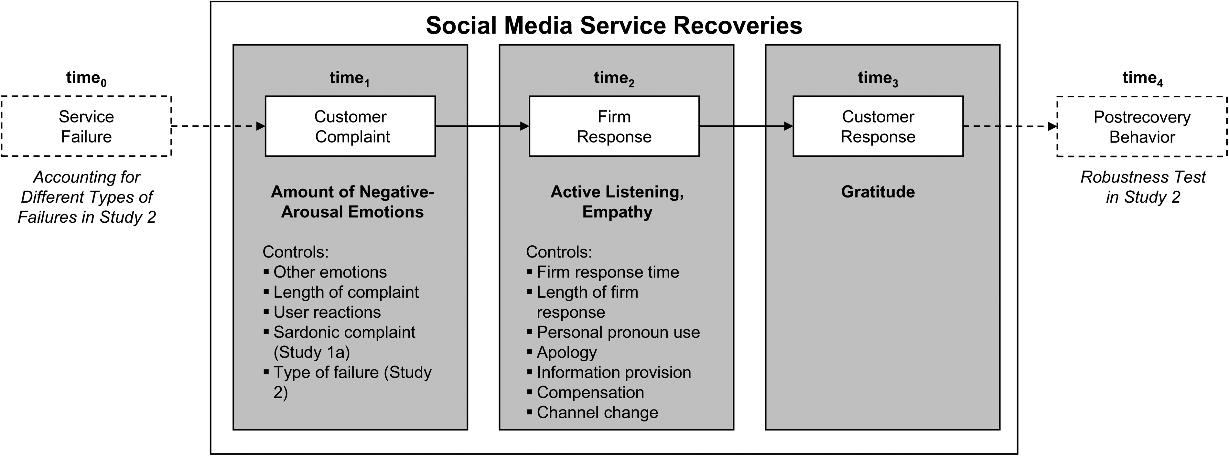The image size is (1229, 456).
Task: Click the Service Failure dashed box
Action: coord(86,126)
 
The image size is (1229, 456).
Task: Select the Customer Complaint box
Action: coord(350,126)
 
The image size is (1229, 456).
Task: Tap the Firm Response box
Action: coord(614,126)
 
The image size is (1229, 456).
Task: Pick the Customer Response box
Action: coord(878,126)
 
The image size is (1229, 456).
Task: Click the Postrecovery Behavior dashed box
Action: coord(1142,126)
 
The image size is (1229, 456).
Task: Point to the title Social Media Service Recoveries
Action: coord(614,25)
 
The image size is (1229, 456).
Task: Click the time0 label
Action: coord(86,78)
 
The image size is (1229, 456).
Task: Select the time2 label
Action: coord(614,78)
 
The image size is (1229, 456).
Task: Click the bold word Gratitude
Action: coord(878,192)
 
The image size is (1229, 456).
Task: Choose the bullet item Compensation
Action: coord(585,392)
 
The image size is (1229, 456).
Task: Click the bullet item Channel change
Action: coord(593,412)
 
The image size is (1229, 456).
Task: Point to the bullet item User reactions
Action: coord(322,312)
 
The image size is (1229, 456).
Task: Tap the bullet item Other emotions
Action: coord(325,272)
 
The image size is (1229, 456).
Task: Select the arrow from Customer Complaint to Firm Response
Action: coord(482,126)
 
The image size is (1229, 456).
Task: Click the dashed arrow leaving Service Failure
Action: coord(218,126)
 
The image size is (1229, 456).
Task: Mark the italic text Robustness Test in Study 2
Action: coord(1143,187)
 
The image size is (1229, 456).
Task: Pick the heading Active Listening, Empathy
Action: coord(617,202)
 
